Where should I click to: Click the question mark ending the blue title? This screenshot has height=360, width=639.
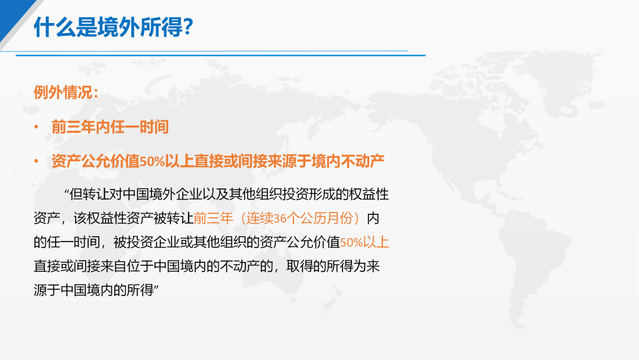click(188, 27)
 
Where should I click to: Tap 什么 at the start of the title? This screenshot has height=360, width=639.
click(54, 27)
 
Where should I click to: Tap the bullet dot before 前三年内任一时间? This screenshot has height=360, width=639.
click(36, 127)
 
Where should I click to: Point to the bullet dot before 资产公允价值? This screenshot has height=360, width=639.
click(36, 162)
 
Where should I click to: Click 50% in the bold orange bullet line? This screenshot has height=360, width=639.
click(152, 162)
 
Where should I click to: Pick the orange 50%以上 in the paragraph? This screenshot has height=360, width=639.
click(364, 242)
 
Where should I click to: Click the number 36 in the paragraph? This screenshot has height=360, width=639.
click(280, 218)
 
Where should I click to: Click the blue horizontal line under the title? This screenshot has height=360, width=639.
click(221, 55)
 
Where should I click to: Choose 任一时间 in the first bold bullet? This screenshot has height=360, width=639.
click(140, 127)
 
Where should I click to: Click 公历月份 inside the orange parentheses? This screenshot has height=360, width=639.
click(327, 218)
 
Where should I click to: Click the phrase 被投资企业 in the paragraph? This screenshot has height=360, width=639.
click(147, 242)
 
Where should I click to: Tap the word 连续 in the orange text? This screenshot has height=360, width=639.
click(260, 218)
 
